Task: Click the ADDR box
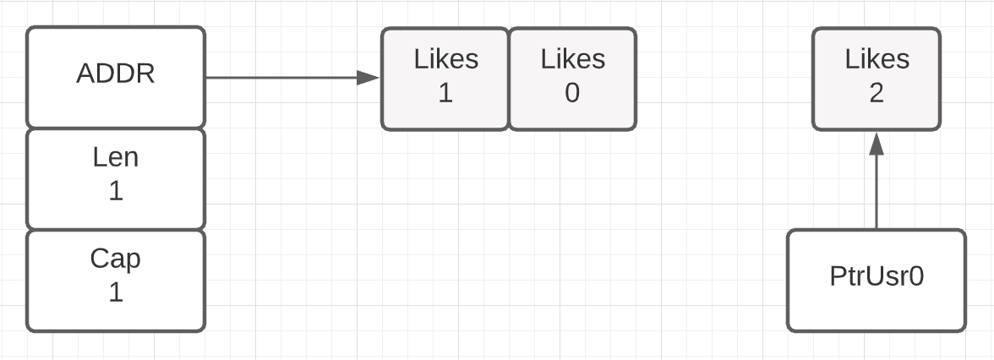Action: pos(115,78)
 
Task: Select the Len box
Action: pos(115,179)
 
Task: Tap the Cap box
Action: pos(115,281)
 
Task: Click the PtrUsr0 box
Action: pos(876,281)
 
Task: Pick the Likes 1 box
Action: pos(445,79)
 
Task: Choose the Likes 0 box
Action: pos(572,79)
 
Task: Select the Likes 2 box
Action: pos(876,79)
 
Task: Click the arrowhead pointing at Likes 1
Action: pos(369,78)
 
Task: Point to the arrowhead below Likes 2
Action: pos(876,144)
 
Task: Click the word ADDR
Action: pos(115,74)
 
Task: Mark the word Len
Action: pos(115,157)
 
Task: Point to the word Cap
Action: pos(115,259)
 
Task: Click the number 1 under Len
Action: pos(115,191)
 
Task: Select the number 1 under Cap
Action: pos(115,292)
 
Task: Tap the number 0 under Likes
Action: pos(572,93)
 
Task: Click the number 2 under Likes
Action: pos(876,93)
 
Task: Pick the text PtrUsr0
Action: pos(877,276)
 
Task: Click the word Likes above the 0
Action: pos(573,59)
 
